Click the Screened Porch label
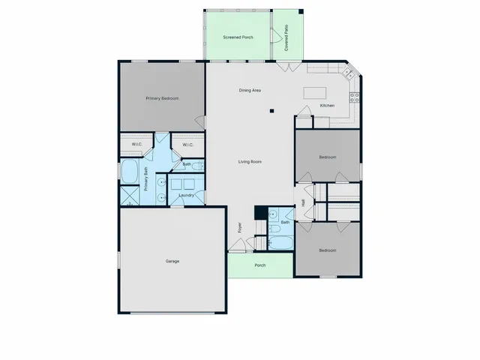[x=237, y=37]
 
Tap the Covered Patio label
[x=287, y=37]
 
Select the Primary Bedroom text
[x=162, y=98]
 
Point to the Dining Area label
[x=250, y=91]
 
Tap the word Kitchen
[x=327, y=106]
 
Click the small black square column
[x=272, y=111]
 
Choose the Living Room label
[x=250, y=162]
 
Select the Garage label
[x=172, y=261]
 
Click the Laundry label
[x=187, y=195]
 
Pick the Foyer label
[x=240, y=226]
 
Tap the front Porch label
[x=260, y=265]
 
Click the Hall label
[x=303, y=203]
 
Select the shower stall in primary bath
[x=129, y=196]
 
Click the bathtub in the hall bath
[x=282, y=243]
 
